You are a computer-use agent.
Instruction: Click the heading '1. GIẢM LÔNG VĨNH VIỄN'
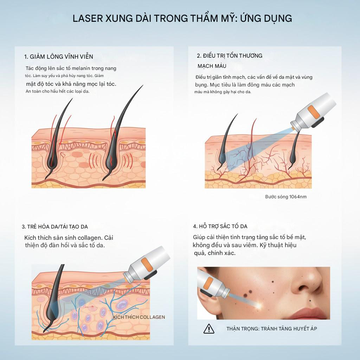[x=58, y=57]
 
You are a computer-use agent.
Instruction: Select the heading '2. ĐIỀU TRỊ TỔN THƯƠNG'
[x=229, y=56]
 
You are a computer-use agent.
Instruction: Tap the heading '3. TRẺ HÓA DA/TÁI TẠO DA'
[x=55, y=226]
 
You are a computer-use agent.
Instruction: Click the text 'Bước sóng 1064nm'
[x=285, y=197]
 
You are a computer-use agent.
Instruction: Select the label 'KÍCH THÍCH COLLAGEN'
[x=139, y=317]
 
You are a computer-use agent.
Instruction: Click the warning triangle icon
[x=209, y=329]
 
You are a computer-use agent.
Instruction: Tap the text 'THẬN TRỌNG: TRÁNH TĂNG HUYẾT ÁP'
[x=272, y=329]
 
